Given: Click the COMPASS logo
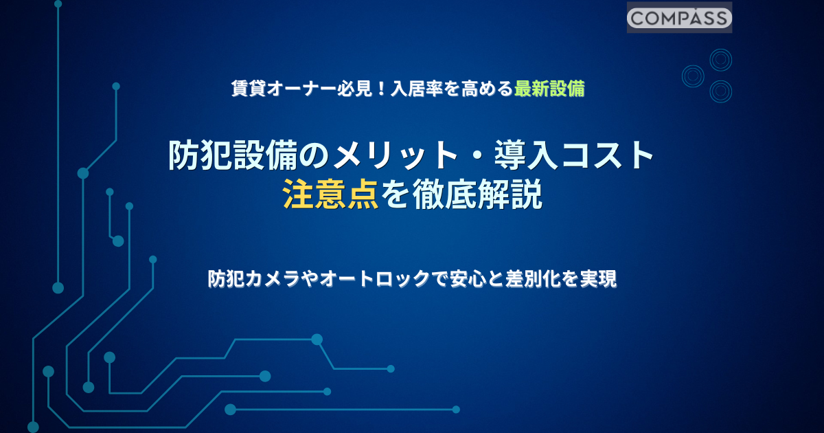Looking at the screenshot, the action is click(x=679, y=18).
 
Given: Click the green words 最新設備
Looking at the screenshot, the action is click(x=549, y=89).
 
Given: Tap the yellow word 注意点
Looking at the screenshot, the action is click(x=331, y=195).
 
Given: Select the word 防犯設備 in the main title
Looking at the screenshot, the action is click(x=233, y=155).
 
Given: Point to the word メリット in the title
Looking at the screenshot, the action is click(x=379, y=155).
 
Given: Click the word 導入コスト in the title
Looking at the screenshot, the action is click(x=574, y=155).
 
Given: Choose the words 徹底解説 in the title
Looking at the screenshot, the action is click(x=477, y=195).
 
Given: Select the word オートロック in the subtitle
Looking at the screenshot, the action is click(x=375, y=279).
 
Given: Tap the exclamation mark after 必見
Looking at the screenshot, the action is click(x=382, y=89).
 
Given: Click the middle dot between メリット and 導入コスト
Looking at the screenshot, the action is click(x=476, y=156).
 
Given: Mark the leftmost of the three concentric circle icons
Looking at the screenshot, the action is click(x=693, y=76).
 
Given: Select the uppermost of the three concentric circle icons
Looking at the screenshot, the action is click(x=720, y=60).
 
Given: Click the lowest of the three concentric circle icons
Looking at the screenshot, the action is click(x=720, y=91).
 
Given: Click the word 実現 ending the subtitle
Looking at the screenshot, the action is click(x=598, y=279).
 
